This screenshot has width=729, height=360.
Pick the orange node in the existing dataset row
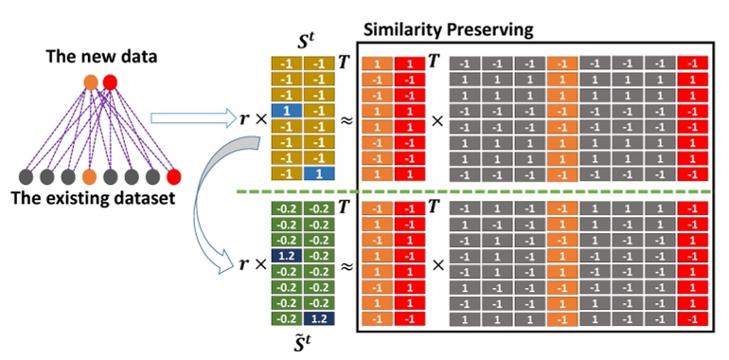coord(89,176)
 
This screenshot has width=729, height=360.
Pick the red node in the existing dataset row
coord(172,176)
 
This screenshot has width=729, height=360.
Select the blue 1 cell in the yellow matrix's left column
coord(287,111)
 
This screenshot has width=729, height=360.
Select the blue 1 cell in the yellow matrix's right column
coord(320,174)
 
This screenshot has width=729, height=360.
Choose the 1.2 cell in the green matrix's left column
coord(287,255)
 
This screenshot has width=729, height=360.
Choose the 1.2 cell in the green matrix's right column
coord(320,318)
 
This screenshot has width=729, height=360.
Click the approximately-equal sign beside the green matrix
coord(346,268)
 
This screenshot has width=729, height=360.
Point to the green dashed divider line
coord(473,193)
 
